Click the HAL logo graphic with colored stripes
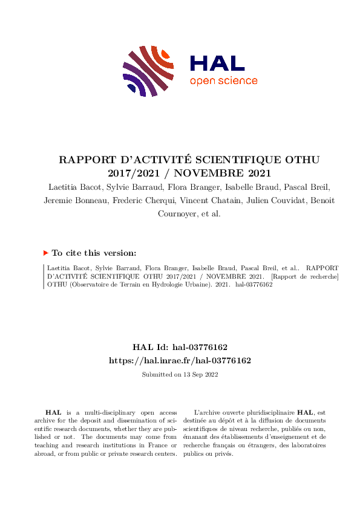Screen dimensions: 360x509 pos(149,70)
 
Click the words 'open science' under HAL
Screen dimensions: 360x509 pos(223,81)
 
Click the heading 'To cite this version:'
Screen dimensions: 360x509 pos(94,253)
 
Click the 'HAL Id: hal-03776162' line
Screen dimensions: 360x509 pos(180,347)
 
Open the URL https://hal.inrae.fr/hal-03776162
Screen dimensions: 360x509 pos(180,360)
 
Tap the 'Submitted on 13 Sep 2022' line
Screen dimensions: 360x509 pos(180,374)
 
